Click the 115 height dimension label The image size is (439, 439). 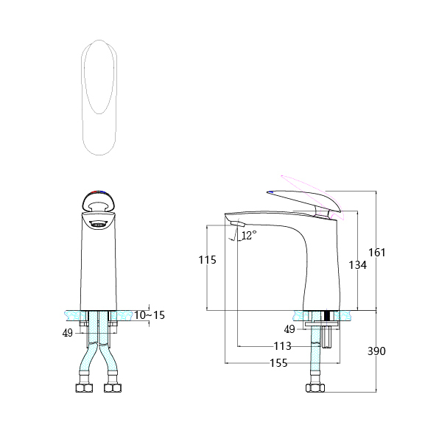(207, 260)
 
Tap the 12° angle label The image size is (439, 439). (249, 235)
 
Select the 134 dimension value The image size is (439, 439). (357, 265)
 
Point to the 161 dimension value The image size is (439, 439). (376, 252)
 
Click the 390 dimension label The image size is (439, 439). (376, 351)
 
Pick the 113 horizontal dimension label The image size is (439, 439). (282, 346)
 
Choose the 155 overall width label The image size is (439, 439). (278, 362)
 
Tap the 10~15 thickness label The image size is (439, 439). (149, 315)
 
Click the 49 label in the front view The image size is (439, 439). (68, 332)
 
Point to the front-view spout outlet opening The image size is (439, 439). (98, 222)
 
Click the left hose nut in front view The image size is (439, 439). (83, 387)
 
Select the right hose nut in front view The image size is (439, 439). (112, 387)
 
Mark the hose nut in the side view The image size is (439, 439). (315, 387)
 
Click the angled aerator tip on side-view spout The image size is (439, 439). (236, 225)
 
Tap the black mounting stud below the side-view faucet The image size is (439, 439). (326, 317)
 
